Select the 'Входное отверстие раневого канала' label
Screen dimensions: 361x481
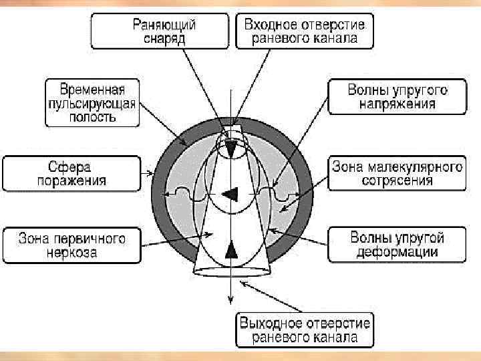point(304,30)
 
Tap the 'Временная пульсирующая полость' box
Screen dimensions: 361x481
point(92,102)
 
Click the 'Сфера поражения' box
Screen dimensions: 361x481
point(73,172)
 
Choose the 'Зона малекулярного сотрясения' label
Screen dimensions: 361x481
point(396,173)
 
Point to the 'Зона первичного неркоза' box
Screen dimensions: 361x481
point(72,245)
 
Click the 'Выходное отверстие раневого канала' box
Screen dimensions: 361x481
point(304,331)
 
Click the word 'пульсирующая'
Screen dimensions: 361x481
point(92,103)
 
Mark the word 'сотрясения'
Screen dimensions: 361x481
point(396,181)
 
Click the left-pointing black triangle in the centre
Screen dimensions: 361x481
point(230,195)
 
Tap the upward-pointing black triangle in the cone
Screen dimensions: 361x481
point(231,249)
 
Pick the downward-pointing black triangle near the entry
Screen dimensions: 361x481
point(231,148)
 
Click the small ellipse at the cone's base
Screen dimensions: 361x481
point(230,271)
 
